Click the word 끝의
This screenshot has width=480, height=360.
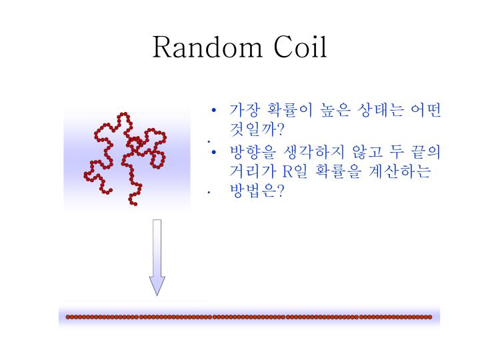(x=427, y=151)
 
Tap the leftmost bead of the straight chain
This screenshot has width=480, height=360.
(x=68, y=317)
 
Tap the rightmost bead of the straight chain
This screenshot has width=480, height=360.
(x=430, y=317)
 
